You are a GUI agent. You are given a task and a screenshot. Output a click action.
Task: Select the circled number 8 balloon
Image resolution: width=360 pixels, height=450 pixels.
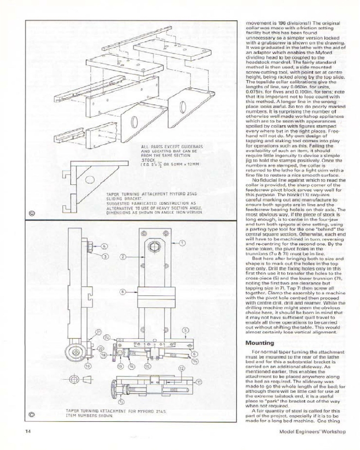tap(122, 292)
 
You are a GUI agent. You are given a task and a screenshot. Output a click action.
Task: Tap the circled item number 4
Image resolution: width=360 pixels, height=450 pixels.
tap(104, 246)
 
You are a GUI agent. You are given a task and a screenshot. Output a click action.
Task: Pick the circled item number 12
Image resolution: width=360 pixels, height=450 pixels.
tap(181, 368)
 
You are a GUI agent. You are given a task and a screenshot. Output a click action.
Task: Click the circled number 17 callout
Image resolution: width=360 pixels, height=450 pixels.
tap(199, 382)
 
